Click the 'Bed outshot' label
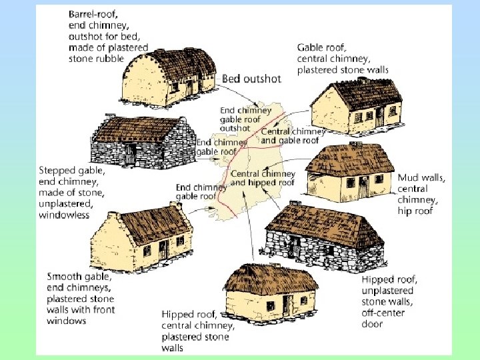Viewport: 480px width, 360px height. click(x=251, y=79)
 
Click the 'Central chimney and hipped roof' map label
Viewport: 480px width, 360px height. click(x=263, y=179)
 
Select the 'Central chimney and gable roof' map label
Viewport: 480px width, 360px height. click(x=293, y=136)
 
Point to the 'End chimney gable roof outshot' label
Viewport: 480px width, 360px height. click(x=245, y=119)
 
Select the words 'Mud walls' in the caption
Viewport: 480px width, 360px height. click(x=422, y=177)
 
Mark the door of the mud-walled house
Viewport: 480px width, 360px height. click(x=362, y=187)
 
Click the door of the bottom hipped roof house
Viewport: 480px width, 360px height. click(x=287, y=305)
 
